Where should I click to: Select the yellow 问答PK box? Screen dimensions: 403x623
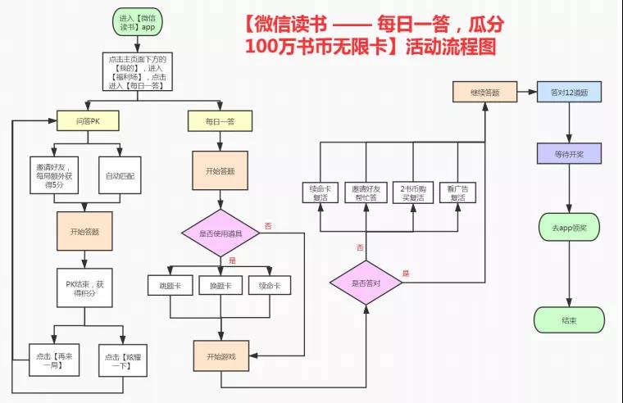tap(89, 121)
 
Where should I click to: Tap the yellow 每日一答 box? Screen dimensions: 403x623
tap(220, 121)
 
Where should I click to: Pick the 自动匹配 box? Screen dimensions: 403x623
tap(121, 175)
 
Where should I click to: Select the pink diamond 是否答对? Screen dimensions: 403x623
tap(366, 283)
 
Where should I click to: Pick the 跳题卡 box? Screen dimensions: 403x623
tap(170, 287)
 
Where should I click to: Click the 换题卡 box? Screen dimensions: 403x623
tap(220, 287)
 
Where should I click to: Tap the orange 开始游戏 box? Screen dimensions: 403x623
tap(220, 356)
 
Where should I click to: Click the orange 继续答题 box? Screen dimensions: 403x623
tap(484, 92)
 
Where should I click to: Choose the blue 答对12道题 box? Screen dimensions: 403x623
tap(570, 92)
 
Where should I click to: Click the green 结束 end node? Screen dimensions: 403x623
tap(570, 319)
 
